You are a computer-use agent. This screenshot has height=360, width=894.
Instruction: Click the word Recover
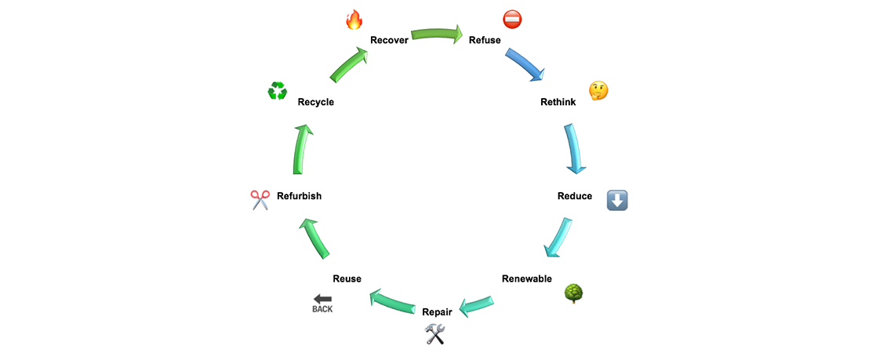[x=389, y=40]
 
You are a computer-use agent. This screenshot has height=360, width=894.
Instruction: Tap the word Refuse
[x=485, y=40]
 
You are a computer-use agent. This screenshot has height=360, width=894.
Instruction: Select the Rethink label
[x=558, y=102]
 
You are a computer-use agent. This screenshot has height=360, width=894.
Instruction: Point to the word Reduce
[x=575, y=196]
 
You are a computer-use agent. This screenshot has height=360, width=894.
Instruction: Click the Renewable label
[x=527, y=278]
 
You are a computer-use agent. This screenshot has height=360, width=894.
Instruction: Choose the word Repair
[x=437, y=312]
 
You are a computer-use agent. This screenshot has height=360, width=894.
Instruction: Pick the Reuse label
[x=347, y=278]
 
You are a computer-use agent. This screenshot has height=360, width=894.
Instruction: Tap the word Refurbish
[x=299, y=196]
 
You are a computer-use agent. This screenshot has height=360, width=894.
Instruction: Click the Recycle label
[x=316, y=102]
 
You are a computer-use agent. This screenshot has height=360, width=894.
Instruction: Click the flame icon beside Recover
[x=354, y=20]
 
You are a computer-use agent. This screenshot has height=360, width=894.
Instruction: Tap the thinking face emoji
[x=598, y=90]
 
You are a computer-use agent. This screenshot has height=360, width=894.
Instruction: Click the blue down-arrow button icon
[x=617, y=200]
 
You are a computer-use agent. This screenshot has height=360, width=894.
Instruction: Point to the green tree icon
[x=574, y=293]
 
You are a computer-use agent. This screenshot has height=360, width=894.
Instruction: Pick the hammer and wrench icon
[x=435, y=335]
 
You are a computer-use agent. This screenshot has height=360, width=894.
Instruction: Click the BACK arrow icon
[x=322, y=303]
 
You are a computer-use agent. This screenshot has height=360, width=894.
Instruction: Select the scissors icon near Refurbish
[x=260, y=200]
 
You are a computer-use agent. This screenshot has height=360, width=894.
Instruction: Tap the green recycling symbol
[x=278, y=91]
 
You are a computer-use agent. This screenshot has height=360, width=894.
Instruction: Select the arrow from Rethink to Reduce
[x=575, y=147]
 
